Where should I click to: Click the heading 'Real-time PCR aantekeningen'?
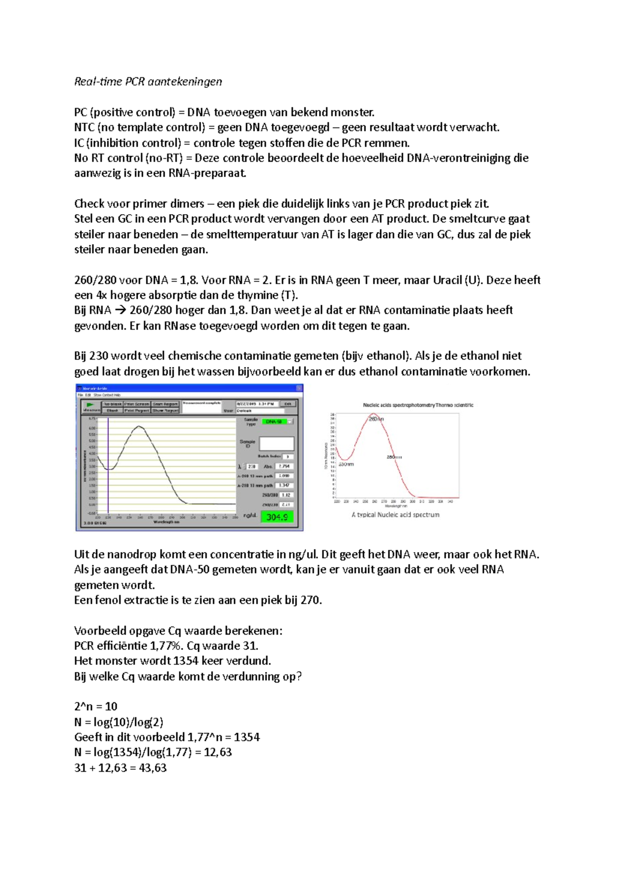pos(148,82)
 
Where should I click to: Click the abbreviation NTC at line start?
pos(84,127)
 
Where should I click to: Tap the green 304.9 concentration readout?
pos(277,517)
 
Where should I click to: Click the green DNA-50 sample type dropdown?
pos(277,421)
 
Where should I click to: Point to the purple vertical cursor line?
pos(108,464)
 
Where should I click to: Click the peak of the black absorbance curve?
pos(139,427)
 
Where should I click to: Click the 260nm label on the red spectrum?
pos(376,419)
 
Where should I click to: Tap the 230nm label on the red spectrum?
pos(347,464)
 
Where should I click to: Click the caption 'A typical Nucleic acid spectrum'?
pos(395,515)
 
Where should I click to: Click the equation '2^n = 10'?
pos(96,706)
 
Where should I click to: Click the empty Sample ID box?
pos(276,444)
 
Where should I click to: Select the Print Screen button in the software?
pos(136,404)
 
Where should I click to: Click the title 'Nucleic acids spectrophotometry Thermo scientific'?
pos(418,405)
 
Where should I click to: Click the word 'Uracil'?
pos(447,280)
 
